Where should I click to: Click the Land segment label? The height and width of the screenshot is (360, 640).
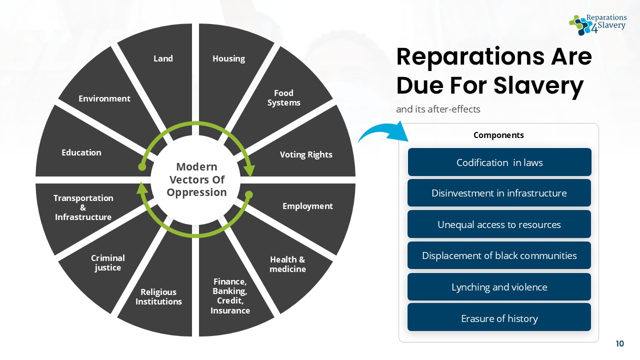point(163,58)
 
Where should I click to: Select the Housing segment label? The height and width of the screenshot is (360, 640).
point(228,58)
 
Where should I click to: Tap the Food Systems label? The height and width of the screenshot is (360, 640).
point(284,98)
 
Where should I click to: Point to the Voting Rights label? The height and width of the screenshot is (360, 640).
point(306,154)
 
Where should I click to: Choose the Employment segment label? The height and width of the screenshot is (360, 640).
point(307,206)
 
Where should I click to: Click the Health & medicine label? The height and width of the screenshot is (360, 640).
point(287,264)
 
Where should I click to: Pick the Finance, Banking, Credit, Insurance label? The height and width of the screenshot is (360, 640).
point(230,296)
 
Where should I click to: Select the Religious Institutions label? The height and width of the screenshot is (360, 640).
point(158,296)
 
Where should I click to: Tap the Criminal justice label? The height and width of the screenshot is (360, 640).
point(108,262)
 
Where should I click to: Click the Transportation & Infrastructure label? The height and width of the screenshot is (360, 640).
point(83,207)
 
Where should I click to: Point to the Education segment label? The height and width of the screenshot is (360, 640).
point(81,152)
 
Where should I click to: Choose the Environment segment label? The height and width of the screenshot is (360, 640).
point(104,98)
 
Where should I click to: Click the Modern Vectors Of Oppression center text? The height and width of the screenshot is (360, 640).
point(197,179)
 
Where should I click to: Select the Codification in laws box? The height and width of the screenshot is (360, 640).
point(499,162)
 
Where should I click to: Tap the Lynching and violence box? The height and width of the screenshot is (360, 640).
point(499,287)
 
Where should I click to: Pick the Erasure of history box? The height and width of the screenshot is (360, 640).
point(499,318)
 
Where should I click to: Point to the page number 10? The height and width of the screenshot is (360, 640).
point(620,343)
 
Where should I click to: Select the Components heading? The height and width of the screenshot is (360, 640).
point(498,135)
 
